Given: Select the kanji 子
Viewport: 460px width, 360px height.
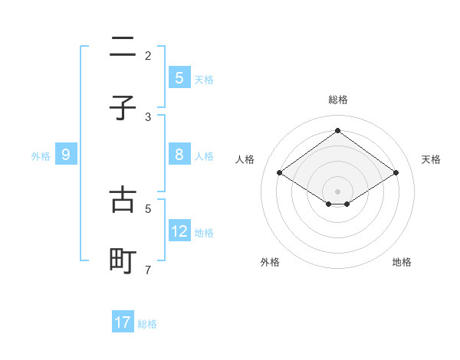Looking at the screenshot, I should pos(123,108).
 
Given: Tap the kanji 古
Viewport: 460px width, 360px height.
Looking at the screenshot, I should pos(123,199).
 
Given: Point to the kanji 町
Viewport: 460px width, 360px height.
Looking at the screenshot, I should pos(123,260).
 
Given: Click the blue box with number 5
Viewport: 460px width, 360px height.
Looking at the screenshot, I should pos(179,77).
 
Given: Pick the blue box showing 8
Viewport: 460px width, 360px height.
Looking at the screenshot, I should pos(179,155).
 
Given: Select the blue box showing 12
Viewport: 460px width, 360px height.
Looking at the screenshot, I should pos(179,231).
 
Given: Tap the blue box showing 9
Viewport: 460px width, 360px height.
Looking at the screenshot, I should pos(66,155).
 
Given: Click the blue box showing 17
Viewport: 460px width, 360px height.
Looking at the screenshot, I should pos(123,322).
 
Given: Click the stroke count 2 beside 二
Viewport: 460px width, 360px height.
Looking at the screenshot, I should pos(148,56).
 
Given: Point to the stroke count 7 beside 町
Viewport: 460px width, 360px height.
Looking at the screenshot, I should pos(148,270).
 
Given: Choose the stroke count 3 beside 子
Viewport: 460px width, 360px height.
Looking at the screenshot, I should pos(148,117).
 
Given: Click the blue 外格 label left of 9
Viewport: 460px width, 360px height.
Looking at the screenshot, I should pos(41,155).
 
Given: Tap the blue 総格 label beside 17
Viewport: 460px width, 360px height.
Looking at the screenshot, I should pos(147,323).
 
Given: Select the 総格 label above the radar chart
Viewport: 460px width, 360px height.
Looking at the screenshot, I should pos(337,100).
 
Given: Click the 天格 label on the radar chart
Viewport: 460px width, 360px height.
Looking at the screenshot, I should pos(431,159).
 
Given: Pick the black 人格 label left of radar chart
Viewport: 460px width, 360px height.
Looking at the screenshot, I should pos(245,159).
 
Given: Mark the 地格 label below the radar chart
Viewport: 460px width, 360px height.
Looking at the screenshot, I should pos(402,262).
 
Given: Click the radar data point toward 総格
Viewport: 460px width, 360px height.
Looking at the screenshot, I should pos(337,131).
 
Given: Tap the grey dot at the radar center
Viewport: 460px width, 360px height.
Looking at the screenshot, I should pos(337,191).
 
